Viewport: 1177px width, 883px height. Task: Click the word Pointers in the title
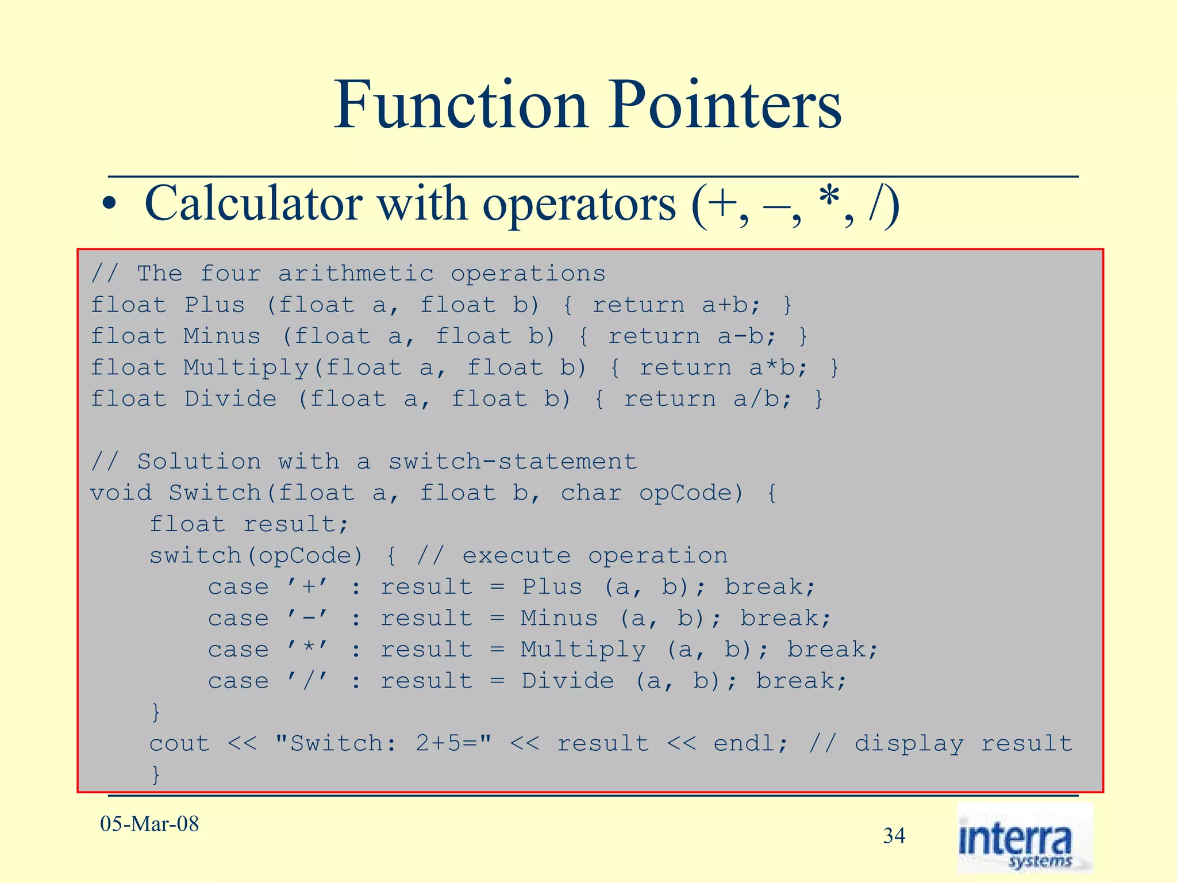725,106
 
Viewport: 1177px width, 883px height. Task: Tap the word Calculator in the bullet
253,204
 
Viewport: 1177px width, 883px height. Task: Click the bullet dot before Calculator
109,206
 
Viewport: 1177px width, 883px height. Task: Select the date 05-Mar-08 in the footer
149,824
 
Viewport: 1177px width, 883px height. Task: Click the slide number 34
894,835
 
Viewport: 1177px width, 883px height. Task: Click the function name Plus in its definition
215,305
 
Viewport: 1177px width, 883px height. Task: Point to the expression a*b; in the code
779,368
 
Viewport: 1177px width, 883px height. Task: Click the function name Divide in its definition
230,399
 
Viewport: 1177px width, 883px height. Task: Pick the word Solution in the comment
199,462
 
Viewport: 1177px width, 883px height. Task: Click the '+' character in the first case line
309,587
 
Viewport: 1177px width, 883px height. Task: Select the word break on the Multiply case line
832,650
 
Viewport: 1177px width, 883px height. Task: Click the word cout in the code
180,744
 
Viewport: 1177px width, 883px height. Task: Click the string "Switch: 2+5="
383,744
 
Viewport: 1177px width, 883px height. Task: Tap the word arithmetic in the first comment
356,274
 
